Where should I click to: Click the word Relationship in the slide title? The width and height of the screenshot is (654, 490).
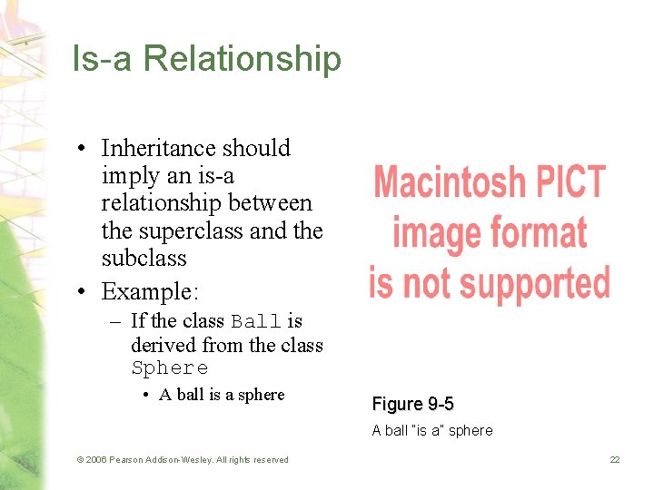click(243, 60)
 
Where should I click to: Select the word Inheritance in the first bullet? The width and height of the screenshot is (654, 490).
click(160, 148)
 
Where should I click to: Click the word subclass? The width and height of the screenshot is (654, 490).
click(144, 258)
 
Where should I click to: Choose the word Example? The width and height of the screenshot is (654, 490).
click(150, 291)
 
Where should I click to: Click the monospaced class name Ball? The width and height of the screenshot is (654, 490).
click(256, 321)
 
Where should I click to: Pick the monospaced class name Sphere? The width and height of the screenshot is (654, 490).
click(170, 367)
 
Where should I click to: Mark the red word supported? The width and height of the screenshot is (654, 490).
click(535, 283)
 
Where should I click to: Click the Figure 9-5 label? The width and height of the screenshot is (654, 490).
click(412, 404)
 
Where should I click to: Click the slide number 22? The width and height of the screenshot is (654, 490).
click(615, 460)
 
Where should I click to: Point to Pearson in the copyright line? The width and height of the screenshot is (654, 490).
click(126, 460)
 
